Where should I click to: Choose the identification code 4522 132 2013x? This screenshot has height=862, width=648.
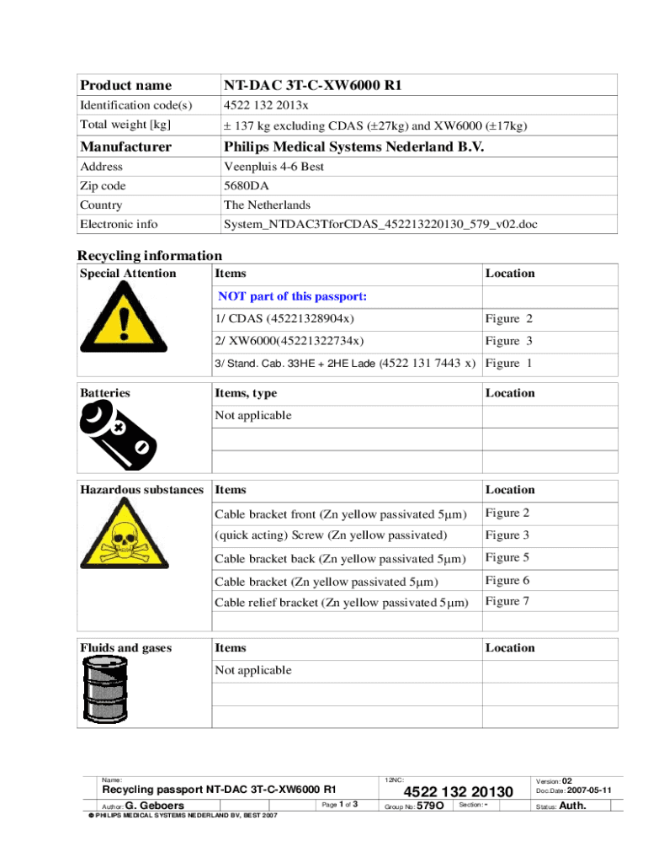(x=265, y=106)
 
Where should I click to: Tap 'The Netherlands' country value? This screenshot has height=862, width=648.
(x=267, y=205)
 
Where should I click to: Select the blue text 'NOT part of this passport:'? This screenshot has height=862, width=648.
(x=293, y=296)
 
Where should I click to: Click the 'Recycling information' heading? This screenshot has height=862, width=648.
(x=150, y=255)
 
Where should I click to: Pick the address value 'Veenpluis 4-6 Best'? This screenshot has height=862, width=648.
(x=274, y=167)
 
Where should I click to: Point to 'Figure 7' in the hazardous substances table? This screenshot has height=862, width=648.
(x=507, y=601)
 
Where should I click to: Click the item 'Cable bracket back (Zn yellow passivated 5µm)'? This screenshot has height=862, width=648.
(x=341, y=558)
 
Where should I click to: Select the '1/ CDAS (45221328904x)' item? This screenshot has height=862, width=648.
(x=284, y=319)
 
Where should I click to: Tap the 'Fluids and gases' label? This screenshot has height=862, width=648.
(x=125, y=648)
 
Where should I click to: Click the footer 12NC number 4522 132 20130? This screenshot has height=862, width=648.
(x=459, y=792)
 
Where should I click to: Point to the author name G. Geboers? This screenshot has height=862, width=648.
(x=155, y=806)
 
